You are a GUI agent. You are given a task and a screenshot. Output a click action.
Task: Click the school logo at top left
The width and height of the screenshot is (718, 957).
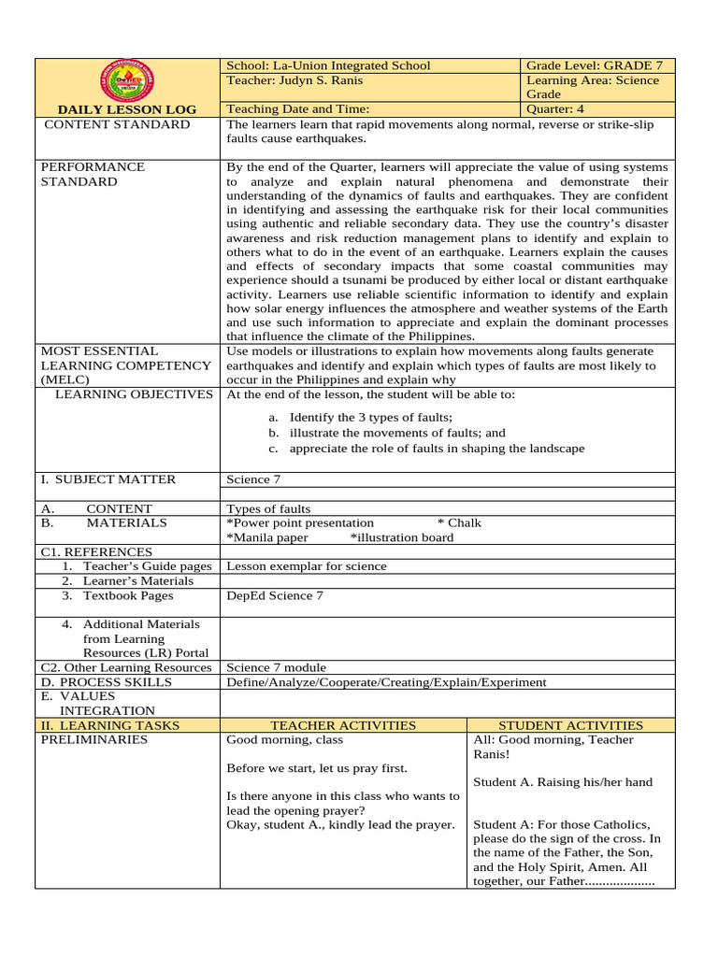pos(128,83)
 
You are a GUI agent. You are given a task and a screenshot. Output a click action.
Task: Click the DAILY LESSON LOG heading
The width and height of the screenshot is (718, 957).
pos(128,109)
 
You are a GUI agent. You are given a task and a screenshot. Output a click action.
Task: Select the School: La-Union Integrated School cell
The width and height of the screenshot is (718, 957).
pos(328,65)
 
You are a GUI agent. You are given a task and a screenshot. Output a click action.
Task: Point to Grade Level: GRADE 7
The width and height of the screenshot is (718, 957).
pos(595,65)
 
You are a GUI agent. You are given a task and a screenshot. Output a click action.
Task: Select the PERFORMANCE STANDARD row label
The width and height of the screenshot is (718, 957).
pos(92,174)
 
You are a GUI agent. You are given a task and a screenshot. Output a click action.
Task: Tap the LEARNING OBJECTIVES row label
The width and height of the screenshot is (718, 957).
pos(134,394)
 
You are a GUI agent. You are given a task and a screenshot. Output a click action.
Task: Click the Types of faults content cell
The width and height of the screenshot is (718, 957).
pos(268,509)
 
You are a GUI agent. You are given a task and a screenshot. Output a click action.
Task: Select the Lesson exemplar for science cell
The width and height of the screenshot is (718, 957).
pos(306,566)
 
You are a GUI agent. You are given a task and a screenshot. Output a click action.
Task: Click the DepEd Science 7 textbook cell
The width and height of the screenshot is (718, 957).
pos(275,596)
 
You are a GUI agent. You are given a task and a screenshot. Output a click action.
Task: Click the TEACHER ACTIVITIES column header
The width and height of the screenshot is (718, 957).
pos(343,725)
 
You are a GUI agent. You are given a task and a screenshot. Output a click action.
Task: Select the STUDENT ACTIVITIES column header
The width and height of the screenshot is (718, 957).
pos(570,725)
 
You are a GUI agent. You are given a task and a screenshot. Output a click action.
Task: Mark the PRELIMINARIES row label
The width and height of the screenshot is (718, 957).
pos(94,740)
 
